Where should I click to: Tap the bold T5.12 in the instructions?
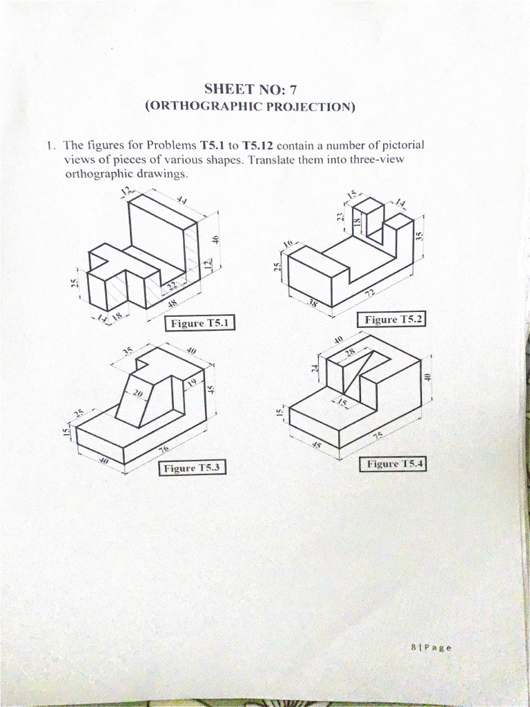tap(258, 146)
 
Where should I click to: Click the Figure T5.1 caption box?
tap(201, 323)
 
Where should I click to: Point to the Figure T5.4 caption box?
tap(393, 464)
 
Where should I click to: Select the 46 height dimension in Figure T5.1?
tap(215, 240)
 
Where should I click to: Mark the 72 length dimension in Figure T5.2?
tap(370, 293)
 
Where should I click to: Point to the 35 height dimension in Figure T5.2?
tap(420, 235)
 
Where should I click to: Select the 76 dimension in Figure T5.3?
tap(164, 449)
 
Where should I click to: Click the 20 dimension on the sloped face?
tap(137, 393)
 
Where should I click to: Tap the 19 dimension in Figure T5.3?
tap(193, 382)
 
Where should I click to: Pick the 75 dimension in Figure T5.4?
tap(378, 436)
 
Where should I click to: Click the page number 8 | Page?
tap(431, 648)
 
